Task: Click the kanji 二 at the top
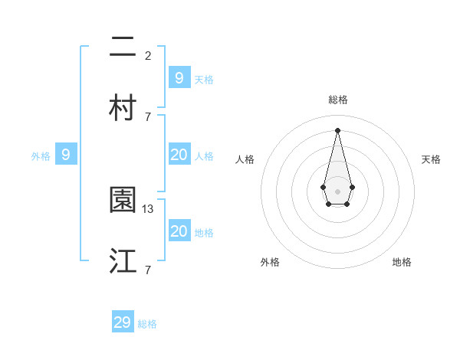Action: [x=123, y=47]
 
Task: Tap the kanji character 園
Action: [x=123, y=201]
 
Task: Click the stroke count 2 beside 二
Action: [x=148, y=55]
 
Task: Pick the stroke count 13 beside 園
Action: [x=149, y=208]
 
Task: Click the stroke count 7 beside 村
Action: [x=148, y=116]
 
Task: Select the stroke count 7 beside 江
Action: [x=148, y=270]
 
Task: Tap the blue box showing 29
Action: [x=123, y=322]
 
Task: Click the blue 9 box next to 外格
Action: [x=66, y=155]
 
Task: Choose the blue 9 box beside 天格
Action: [x=179, y=77]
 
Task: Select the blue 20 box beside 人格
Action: [x=179, y=155]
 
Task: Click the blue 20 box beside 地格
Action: [x=179, y=231]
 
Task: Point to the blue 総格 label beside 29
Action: [x=148, y=324]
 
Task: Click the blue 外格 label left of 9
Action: [x=41, y=156]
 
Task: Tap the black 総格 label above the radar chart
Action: [x=338, y=100]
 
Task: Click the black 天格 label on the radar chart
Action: [x=432, y=159]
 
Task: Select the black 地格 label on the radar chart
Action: [x=402, y=262]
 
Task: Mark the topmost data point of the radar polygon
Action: [x=338, y=130]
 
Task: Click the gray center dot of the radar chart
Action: [x=338, y=191]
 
